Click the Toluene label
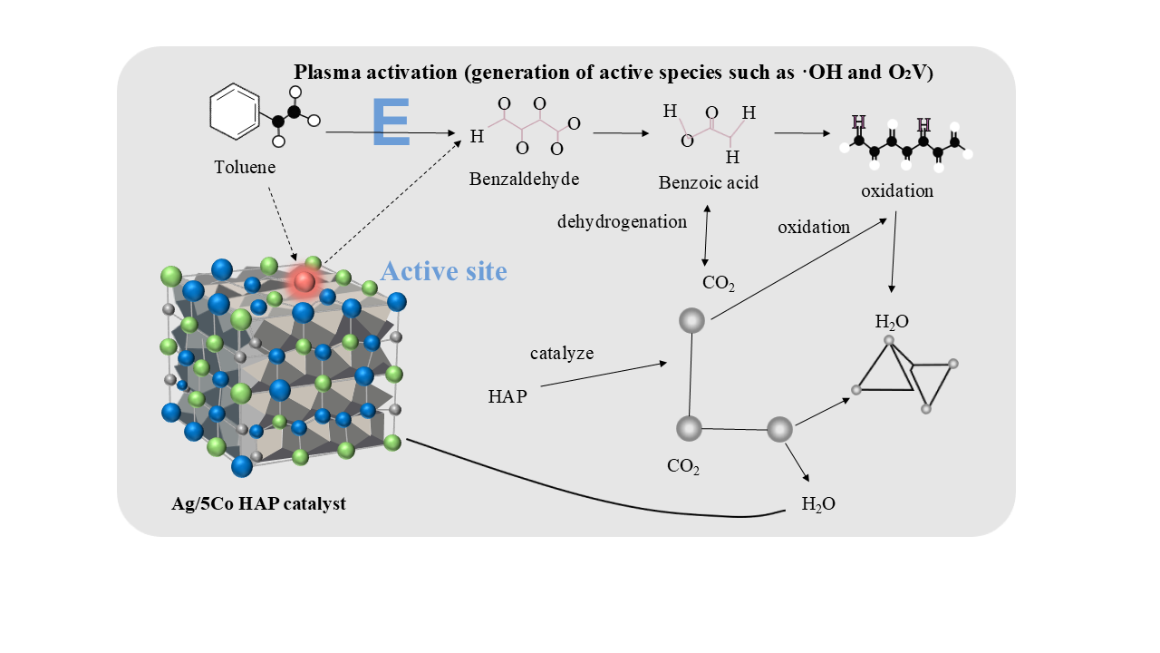pos(245,168)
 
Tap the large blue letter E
pos(391,122)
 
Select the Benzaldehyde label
pos(524,179)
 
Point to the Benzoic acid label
pos(708,183)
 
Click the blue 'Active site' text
pos(443,270)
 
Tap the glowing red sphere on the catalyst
pos(304,282)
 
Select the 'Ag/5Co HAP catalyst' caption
pos(258,503)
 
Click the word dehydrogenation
pos(622,221)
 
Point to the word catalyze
pos(562,353)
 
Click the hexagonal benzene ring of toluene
pos(235,113)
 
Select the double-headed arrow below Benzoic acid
pos(706,235)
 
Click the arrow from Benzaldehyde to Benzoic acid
pos(621,133)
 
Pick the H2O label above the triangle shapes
pos(892,321)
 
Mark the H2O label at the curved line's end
pos(818,504)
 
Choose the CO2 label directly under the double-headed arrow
pos(719,283)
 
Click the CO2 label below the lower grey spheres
pos(683,466)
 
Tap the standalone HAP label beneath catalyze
pos(507,396)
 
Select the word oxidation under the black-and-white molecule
pos(896,191)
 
